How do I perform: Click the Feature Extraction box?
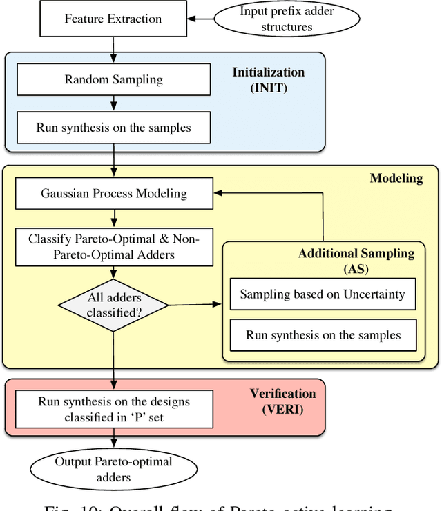113,19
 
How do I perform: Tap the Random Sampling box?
113,79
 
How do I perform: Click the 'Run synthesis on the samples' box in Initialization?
113,128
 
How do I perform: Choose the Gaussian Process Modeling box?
113,193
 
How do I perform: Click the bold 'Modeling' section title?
396,179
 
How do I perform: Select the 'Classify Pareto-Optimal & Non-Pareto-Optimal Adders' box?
113,248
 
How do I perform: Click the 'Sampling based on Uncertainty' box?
322,295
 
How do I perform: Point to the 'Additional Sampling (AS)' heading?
356,261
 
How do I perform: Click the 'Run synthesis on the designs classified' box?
113,410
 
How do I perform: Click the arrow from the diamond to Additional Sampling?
195,304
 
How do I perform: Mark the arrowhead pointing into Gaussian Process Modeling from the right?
217,194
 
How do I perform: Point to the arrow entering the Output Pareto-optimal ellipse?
113,441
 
